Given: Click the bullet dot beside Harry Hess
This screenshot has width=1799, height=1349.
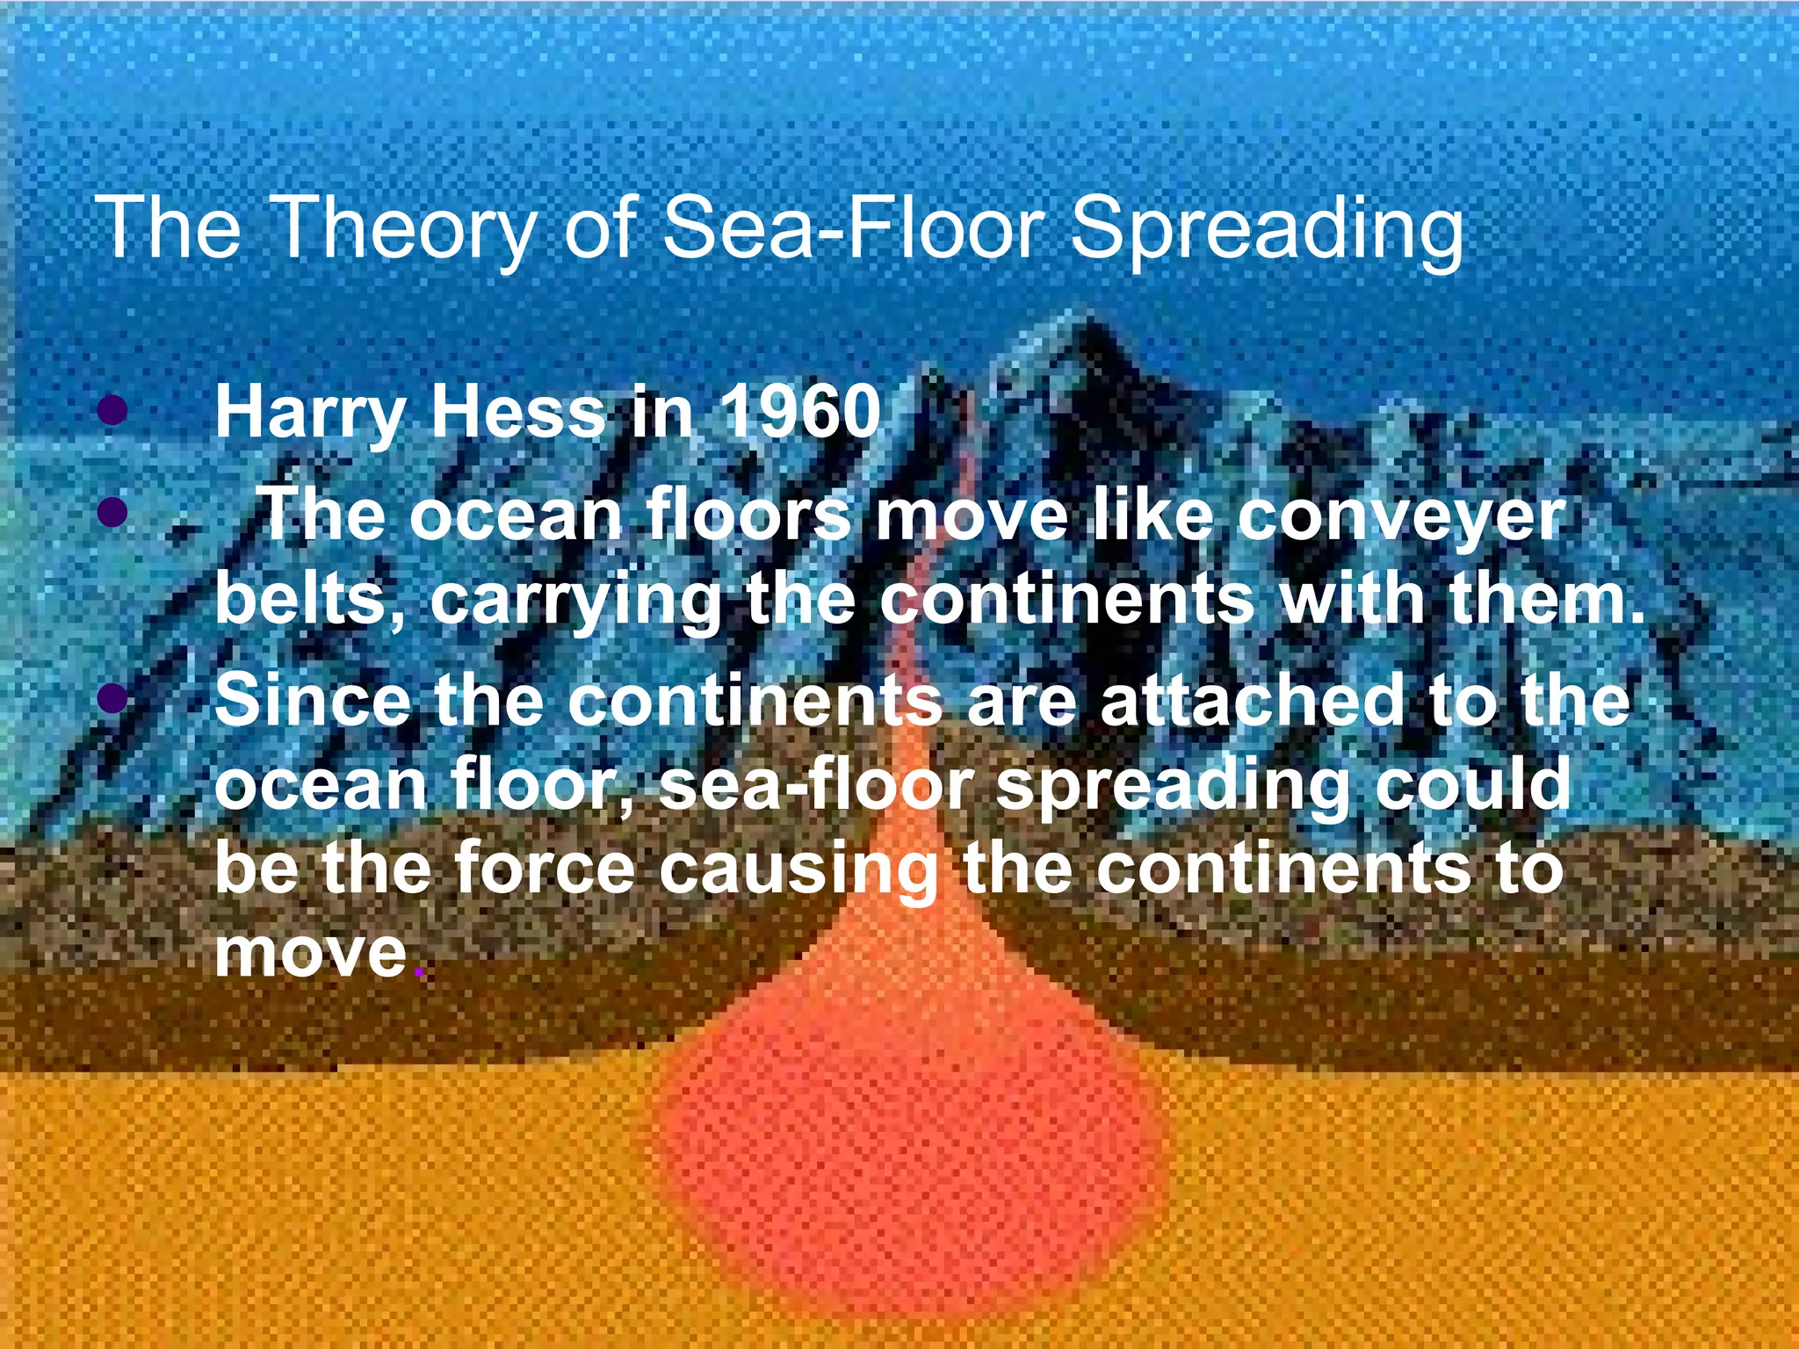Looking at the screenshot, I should (x=112, y=409).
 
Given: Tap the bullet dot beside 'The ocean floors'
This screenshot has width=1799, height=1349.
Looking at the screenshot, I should (x=112, y=511).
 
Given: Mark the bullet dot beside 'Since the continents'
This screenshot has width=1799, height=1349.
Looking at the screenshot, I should (x=112, y=700).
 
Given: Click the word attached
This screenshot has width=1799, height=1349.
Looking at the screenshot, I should (x=1252, y=700).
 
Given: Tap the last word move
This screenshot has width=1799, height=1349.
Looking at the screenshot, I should (x=311, y=952).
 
